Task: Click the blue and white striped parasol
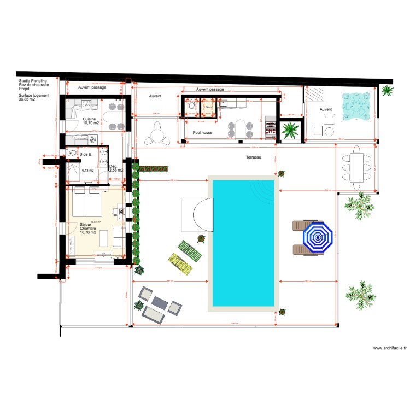(x=318, y=237)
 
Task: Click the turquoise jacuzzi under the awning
(x=357, y=105)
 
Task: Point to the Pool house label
(x=202, y=132)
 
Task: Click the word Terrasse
(x=253, y=157)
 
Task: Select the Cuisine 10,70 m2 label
(x=91, y=121)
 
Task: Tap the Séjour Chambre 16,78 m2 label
(x=88, y=229)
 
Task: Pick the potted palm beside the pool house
(x=290, y=131)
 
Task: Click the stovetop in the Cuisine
(x=87, y=104)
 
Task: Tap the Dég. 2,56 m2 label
(x=115, y=168)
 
